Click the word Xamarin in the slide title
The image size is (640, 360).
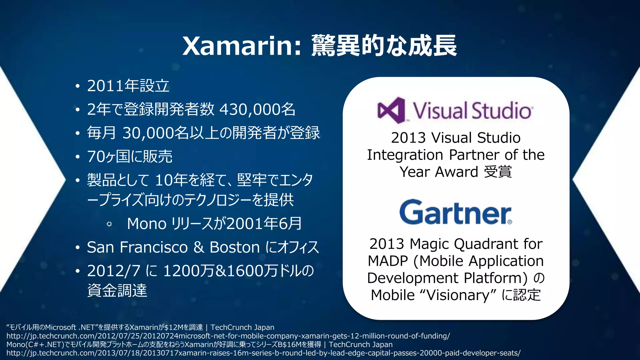point(237,46)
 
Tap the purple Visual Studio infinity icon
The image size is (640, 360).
point(391,110)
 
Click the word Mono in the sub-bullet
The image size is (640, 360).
point(147,224)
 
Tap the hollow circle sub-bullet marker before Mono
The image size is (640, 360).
point(109,224)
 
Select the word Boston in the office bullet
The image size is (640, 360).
point(234,247)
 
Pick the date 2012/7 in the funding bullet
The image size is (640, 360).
point(113,271)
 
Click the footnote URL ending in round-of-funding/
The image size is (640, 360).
point(228,336)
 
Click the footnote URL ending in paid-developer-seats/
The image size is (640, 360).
point(263,353)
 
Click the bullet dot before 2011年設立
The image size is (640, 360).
point(77,86)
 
